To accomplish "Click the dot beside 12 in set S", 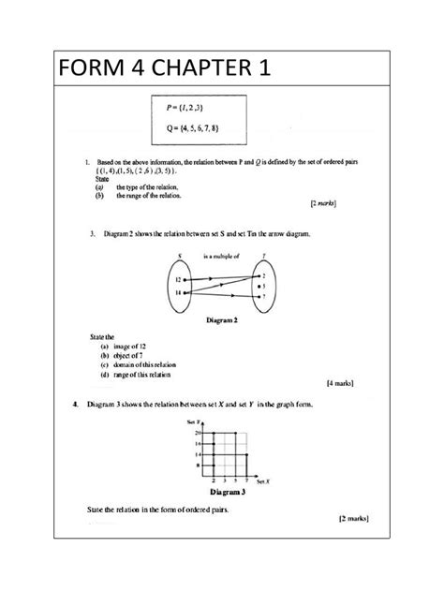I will pyautogui.click(x=185, y=279).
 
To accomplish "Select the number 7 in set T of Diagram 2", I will pyautogui.click(x=264, y=296).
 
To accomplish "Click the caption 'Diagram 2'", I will pyautogui.click(x=222, y=318).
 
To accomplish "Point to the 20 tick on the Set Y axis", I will pyautogui.click(x=198, y=432).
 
